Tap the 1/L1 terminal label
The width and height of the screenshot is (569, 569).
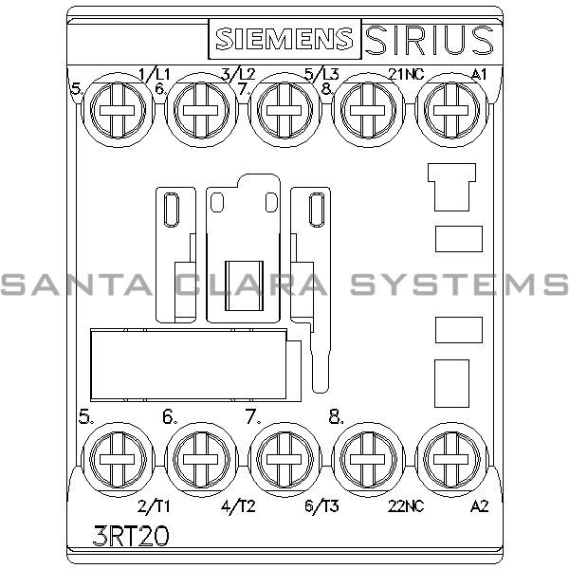(x=155, y=73)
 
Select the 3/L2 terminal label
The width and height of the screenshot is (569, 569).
(x=237, y=73)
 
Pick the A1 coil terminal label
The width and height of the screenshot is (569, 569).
(x=479, y=73)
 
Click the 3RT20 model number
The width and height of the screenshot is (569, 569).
(x=133, y=536)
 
